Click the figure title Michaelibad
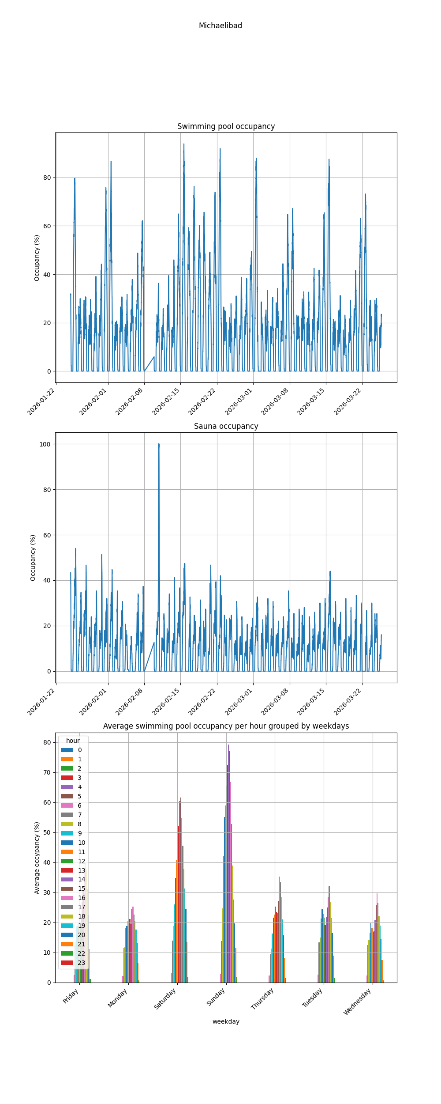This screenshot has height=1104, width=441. coord(220,26)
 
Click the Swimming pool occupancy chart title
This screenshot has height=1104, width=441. coord(226,126)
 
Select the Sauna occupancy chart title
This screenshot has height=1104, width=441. coord(226,426)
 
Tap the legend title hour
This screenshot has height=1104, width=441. coord(73,741)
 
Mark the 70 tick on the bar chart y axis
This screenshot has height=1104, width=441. coord(47,772)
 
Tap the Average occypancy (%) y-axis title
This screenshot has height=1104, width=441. coord(37,858)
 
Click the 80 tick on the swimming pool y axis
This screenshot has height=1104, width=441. coord(47,178)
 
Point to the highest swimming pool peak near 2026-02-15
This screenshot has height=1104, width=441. coord(184,144)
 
